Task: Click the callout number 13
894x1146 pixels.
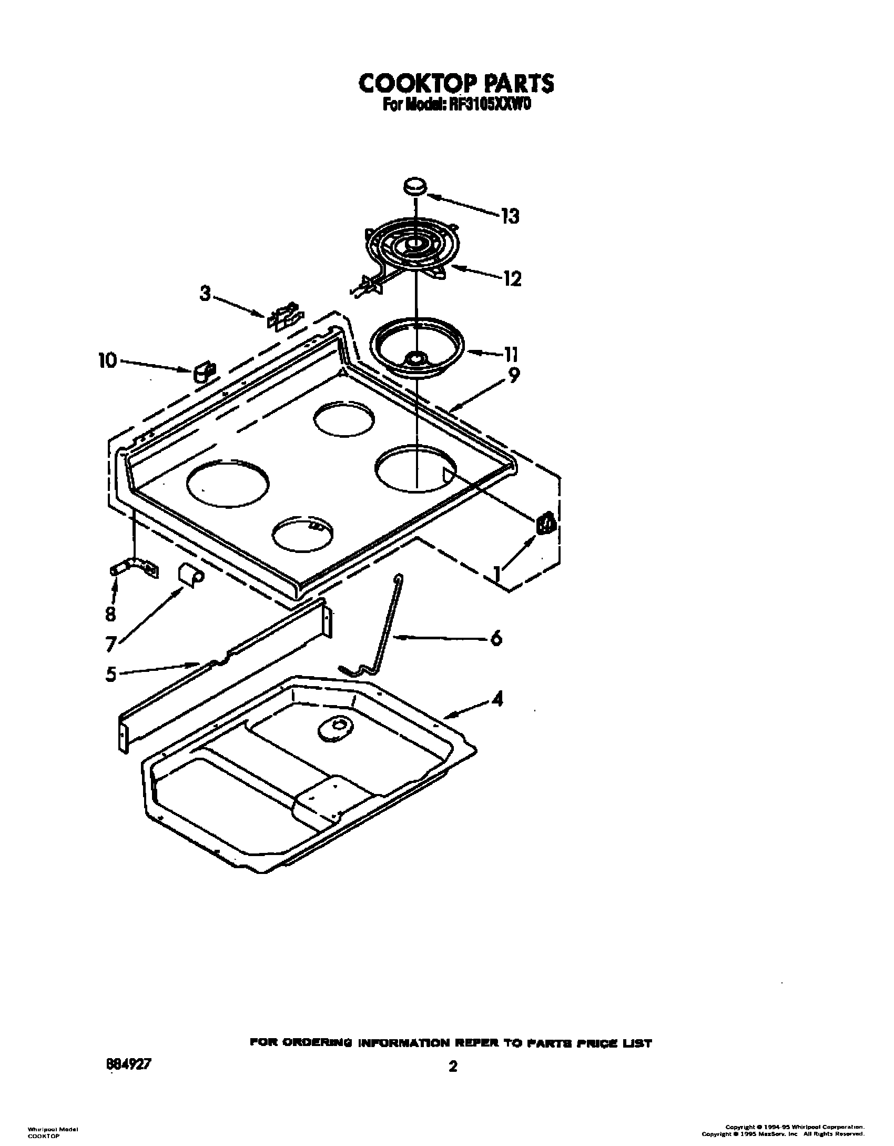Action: [x=510, y=216]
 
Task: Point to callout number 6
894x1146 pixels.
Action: [x=495, y=638]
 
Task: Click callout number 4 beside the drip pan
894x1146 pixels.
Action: [x=496, y=699]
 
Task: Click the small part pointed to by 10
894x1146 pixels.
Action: [x=202, y=372]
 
